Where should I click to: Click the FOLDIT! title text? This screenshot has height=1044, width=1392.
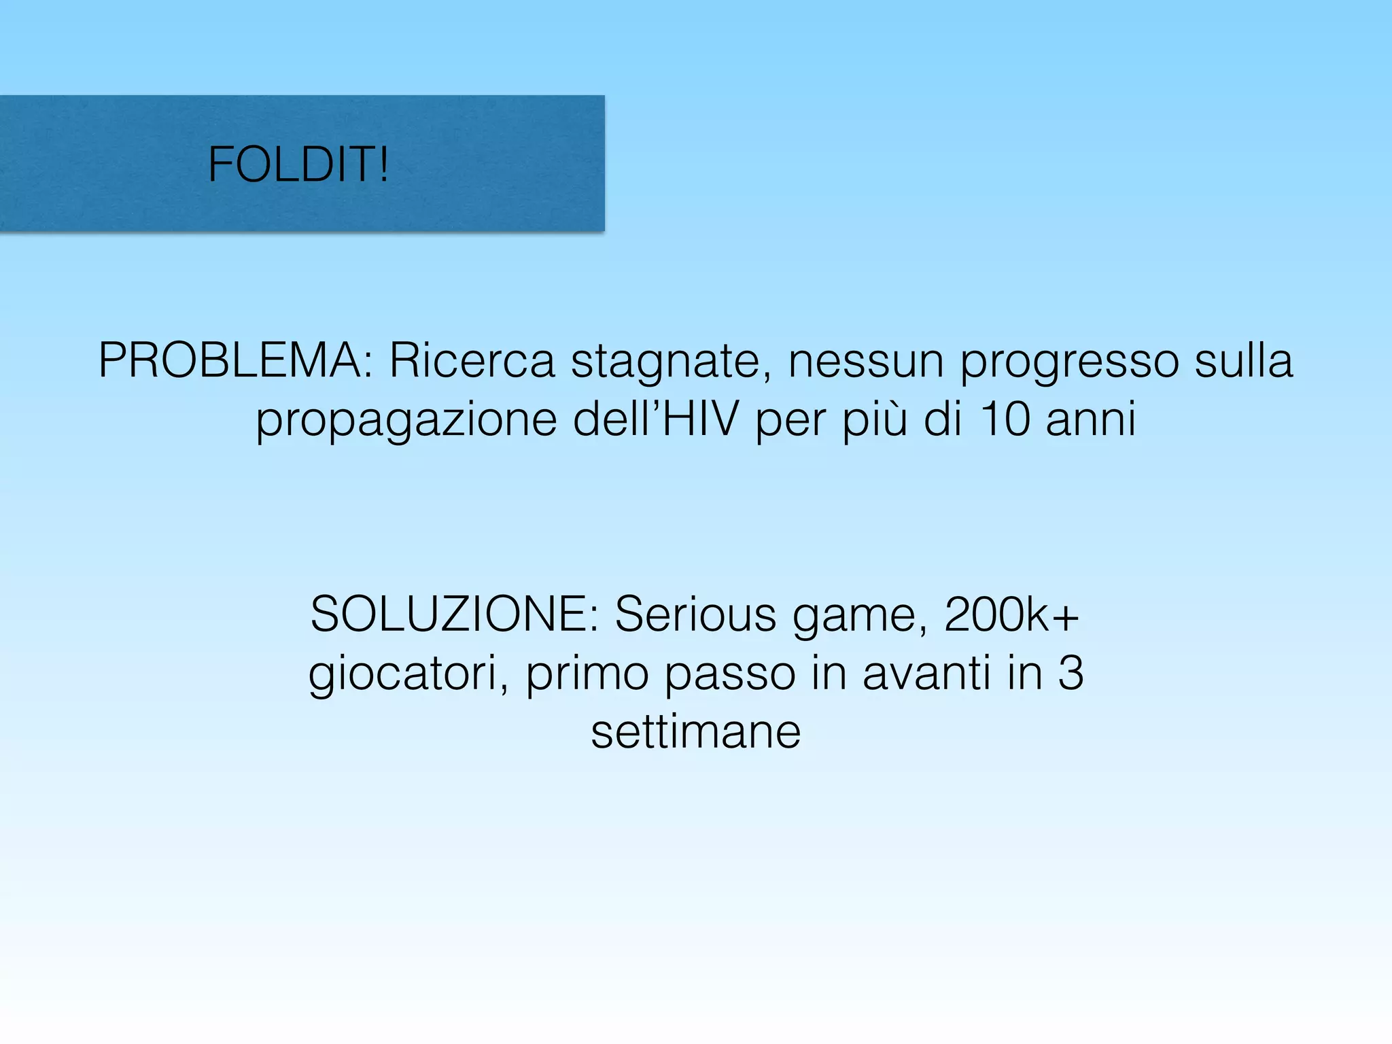point(298,165)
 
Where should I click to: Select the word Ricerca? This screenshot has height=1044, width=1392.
point(472,360)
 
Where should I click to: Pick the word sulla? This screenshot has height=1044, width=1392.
point(1243,360)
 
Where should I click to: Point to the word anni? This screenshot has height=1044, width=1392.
point(1091,419)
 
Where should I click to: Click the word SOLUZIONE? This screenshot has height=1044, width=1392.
point(454,614)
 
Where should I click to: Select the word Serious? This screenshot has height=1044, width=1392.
point(695,614)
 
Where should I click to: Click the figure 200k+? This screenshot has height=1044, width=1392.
point(1011,614)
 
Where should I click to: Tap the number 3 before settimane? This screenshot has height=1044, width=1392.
point(1071,673)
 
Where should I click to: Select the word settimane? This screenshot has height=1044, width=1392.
point(696,732)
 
